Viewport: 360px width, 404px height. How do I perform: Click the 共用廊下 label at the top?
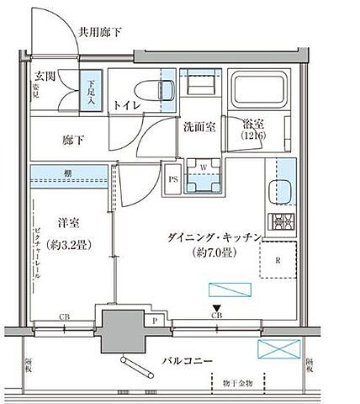pos(102,33)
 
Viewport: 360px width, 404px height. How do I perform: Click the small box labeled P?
pos(156,320)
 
